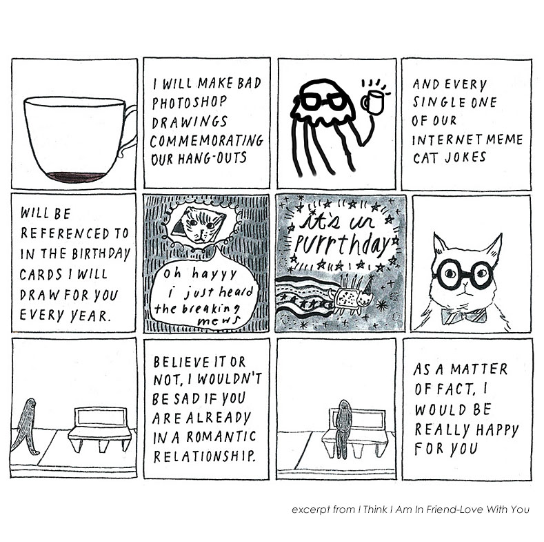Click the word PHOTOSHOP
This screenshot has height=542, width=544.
189,102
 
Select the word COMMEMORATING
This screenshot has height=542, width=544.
207,141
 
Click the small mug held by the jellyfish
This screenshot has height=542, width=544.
373,101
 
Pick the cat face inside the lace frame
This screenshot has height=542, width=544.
199,225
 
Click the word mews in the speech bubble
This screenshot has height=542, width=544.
219,321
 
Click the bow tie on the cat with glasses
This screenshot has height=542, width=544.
464,316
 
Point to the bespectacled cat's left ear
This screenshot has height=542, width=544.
440,246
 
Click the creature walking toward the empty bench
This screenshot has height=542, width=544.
25,426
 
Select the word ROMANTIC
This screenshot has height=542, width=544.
221,436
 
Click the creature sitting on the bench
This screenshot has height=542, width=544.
343,428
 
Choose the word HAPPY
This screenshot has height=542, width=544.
496,430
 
